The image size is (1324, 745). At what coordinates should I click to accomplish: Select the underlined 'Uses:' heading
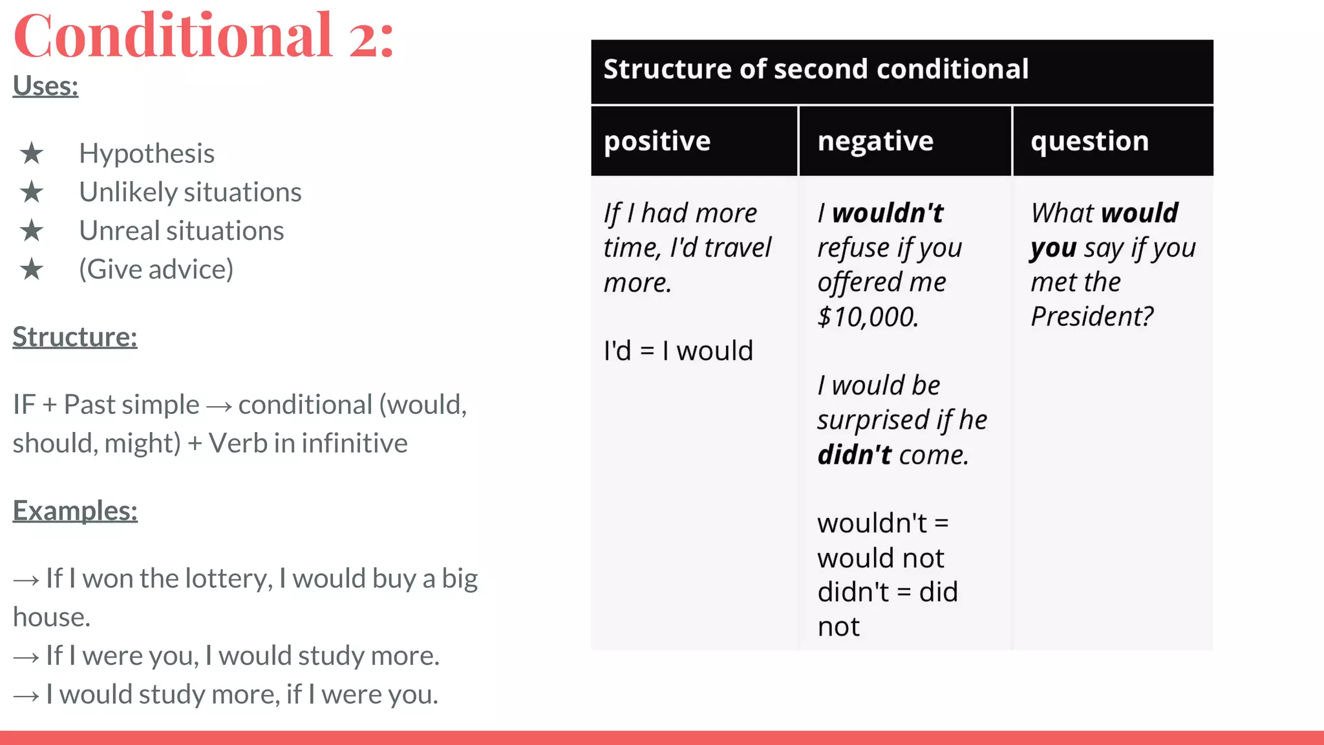(45, 86)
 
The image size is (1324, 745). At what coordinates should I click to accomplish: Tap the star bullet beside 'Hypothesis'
(31, 154)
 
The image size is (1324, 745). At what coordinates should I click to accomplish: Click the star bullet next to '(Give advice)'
(31, 270)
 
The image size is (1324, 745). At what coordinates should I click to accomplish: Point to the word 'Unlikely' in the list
(119, 192)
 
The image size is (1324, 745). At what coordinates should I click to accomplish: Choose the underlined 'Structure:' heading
(75, 337)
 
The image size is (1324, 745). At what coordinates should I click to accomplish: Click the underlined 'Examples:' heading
(75, 511)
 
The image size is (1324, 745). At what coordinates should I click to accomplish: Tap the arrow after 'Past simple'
(219, 406)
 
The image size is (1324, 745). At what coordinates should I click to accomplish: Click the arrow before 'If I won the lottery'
(26, 580)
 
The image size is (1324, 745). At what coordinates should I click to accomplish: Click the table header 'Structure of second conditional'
(815, 69)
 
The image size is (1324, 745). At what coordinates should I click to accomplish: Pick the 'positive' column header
(657, 141)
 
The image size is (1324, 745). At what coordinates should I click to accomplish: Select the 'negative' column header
(875, 141)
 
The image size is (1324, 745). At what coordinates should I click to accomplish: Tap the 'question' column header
(1089, 141)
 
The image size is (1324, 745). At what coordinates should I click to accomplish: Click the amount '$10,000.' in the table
(868, 317)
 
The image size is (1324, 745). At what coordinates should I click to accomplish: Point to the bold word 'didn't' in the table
(855, 455)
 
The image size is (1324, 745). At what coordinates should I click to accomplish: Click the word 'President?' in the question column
(1092, 317)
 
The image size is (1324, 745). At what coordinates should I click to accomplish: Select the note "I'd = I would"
(678, 351)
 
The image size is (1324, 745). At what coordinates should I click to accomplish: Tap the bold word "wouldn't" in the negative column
(888, 213)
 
